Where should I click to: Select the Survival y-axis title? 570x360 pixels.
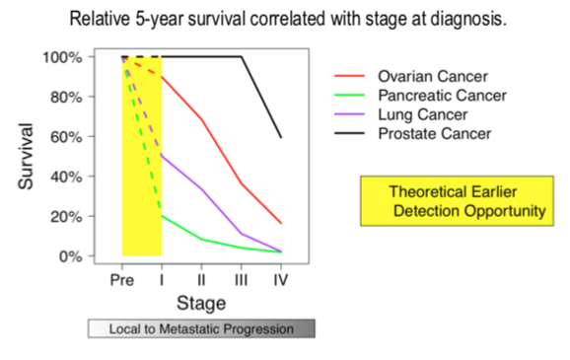pos(28,156)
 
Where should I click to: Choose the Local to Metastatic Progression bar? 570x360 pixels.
pos(201,328)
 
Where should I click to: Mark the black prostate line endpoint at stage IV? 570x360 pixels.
pos(281,137)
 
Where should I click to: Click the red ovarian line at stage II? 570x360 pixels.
pos(202,118)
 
